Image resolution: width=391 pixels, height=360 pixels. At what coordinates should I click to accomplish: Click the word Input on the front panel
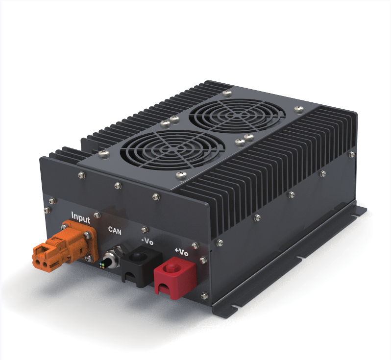pos(81,216)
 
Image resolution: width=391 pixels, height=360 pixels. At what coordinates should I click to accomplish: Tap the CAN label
pos(115,229)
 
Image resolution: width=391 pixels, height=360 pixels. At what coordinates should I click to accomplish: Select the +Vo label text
pos(181,252)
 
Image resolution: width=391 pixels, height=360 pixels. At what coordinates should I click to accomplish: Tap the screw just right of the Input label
pos(97,214)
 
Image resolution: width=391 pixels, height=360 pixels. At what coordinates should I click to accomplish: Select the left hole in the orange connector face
pos(38,262)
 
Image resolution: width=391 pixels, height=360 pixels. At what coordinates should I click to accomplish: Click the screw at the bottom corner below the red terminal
pos(204,295)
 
